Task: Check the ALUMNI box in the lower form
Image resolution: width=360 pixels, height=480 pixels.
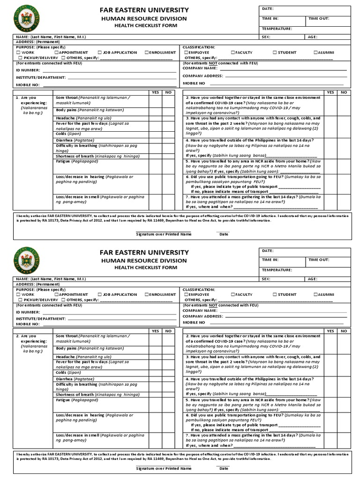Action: click(x=316, y=294)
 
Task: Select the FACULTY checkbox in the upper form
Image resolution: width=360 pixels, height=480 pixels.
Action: click(x=233, y=52)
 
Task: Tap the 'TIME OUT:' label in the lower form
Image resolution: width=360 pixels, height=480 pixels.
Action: click(x=319, y=260)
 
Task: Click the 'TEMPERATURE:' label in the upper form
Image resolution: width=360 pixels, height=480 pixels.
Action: click(x=277, y=29)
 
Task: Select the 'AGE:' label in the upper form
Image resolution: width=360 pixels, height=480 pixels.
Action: click(x=313, y=37)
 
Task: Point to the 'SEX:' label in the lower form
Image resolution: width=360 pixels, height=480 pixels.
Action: click(x=266, y=278)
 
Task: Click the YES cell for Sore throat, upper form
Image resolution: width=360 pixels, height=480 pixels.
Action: click(x=155, y=100)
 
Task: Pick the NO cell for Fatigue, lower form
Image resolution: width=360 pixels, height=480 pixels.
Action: click(x=168, y=404)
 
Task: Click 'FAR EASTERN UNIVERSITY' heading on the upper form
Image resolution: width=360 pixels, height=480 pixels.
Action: click(x=144, y=10)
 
